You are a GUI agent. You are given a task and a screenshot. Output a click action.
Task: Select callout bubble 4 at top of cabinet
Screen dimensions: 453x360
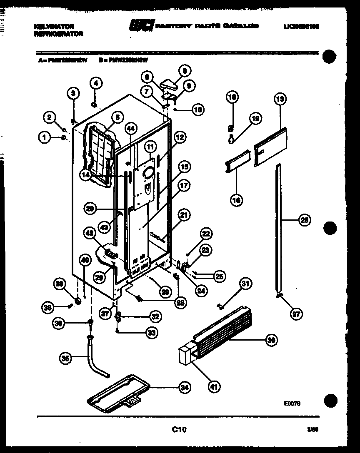pos(95,83)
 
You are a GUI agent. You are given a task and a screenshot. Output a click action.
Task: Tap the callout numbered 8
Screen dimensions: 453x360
pos(185,71)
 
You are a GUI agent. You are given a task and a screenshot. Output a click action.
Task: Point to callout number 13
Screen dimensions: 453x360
pos(280,99)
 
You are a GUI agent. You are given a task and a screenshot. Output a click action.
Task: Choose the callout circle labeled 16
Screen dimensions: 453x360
pos(237,200)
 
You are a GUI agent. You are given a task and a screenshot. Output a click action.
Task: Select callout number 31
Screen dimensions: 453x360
pos(246,284)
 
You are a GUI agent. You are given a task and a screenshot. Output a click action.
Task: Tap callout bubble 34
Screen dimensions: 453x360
pos(185,387)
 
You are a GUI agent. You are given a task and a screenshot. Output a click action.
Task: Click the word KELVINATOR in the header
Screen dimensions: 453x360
pos(54,26)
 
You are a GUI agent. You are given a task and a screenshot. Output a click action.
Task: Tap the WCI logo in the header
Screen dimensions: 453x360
pos(142,25)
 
